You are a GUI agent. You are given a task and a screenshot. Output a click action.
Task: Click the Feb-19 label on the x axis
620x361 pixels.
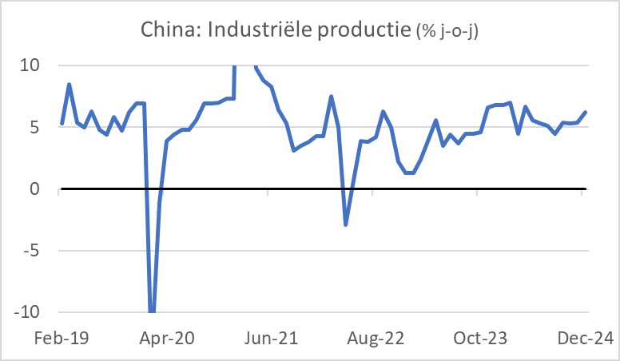62,339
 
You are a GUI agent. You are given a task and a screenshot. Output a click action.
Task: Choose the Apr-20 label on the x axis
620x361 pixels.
166,339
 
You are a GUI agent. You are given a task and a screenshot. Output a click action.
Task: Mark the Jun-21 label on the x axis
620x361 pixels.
270,339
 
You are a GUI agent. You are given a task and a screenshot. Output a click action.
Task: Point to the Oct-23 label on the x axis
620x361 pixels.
479,339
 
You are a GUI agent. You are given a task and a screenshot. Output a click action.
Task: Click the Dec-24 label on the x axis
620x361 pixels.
584,339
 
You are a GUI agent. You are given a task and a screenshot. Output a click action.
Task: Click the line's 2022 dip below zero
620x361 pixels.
346,224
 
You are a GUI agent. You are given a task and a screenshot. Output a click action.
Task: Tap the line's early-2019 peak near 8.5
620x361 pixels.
70,84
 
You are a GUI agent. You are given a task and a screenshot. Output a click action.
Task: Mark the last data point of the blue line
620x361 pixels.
586,112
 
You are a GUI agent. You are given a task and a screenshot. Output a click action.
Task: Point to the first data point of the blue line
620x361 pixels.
62,124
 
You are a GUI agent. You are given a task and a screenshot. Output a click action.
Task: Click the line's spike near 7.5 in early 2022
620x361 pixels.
331,97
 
